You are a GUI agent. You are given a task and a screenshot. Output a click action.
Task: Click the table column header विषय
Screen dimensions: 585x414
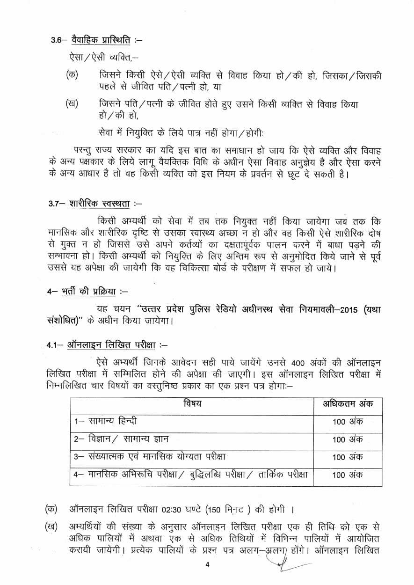[x=192, y=404]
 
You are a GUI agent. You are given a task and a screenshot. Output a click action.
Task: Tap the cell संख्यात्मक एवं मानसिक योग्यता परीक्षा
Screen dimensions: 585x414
[x=150, y=456]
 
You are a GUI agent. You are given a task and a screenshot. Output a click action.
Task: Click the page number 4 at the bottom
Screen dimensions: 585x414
[x=207, y=565]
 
